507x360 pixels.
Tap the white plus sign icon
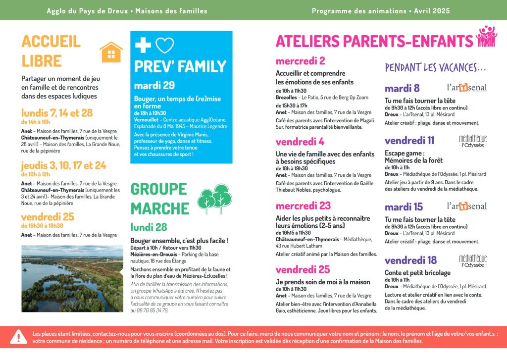pos(143,45)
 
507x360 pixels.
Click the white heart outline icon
pos(165,46)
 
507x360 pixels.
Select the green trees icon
pos(214,198)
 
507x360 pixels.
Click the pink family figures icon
pos(486,37)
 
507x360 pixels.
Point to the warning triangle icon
pos(19,337)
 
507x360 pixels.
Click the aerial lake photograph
pos(72,278)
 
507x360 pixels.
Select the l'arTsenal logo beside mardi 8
pos(466,88)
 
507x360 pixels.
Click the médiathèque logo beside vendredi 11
pos(472,141)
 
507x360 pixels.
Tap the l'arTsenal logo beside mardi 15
pos(466,206)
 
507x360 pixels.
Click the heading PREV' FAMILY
pos(180,66)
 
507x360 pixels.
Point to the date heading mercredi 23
pos(303,206)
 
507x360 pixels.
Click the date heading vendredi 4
pos(300,141)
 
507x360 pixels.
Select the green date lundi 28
pos(149,227)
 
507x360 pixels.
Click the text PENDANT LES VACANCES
pos(435,67)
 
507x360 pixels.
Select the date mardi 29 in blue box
pos(154,85)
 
